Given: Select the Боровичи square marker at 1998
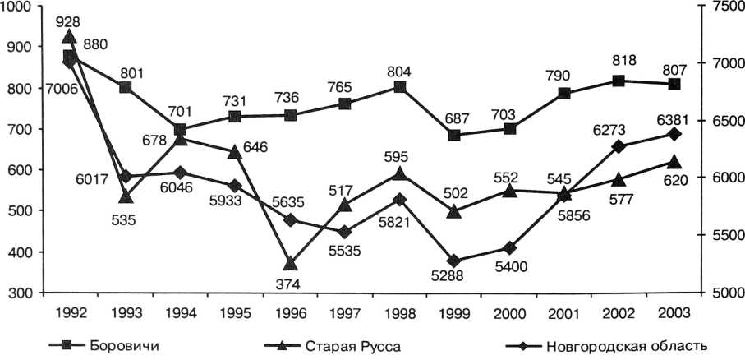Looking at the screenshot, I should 400,86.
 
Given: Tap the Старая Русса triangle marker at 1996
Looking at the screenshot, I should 290,263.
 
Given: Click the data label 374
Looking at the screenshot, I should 290,284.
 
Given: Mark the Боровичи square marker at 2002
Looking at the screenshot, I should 619,81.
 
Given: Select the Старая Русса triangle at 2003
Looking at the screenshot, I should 674,162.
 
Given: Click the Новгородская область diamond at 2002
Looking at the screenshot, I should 619,146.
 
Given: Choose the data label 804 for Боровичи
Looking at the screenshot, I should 400,71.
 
